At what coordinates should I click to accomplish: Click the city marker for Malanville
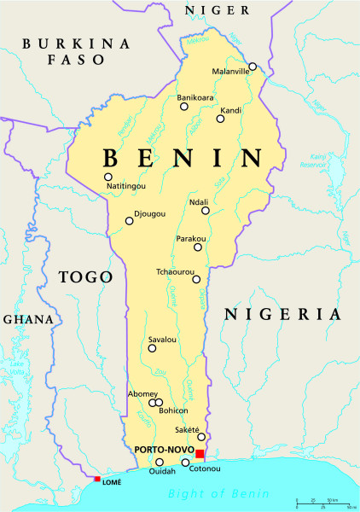click(x=253, y=66)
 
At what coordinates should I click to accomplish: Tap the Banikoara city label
click(x=194, y=98)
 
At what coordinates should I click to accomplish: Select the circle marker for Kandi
click(x=220, y=119)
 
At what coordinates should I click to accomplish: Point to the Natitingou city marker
click(x=108, y=177)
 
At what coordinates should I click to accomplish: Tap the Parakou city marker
click(x=198, y=247)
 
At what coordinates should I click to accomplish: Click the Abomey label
click(x=142, y=393)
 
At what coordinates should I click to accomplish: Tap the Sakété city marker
click(x=202, y=438)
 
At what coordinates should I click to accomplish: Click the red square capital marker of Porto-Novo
click(x=200, y=454)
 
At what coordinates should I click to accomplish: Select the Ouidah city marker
click(x=159, y=462)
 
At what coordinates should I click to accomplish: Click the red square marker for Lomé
click(x=97, y=480)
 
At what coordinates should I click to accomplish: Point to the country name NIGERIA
click(x=276, y=315)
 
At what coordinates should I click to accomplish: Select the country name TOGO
click(x=85, y=277)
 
